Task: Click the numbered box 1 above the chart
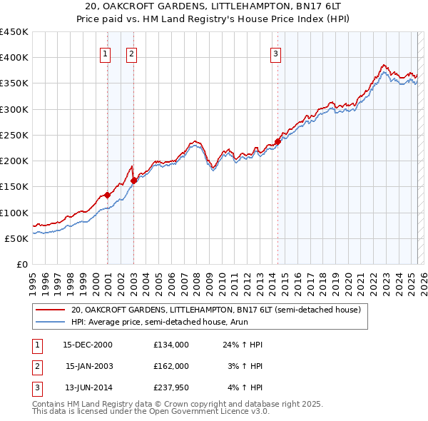tap(105, 52)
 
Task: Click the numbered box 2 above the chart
tap(132, 52)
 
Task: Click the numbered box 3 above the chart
tap(275, 52)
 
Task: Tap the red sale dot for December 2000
tap(107, 195)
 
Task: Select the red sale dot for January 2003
tap(133, 181)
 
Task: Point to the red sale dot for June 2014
tap(278, 141)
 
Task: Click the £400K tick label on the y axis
tap(14, 58)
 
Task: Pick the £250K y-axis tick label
tap(14, 135)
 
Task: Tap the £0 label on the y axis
tap(21, 264)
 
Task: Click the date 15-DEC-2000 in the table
tap(88, 345)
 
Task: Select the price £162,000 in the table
tap(170, 366)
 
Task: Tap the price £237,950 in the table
tap(170, 387)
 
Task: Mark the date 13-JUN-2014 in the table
tap(88, 387)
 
